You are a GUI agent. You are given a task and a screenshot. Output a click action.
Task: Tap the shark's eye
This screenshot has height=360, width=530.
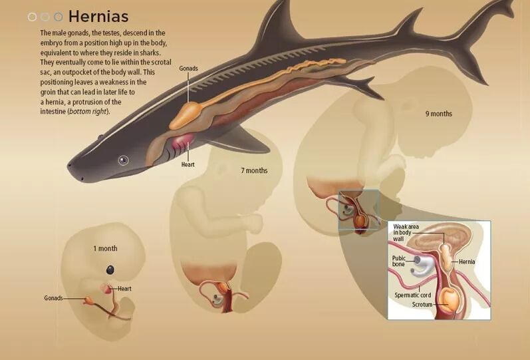pos(123,160)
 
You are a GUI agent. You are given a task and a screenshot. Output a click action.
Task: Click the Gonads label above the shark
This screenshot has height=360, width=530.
pos(188,68)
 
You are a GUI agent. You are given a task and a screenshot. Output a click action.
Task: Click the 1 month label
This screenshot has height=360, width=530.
pos(105,248)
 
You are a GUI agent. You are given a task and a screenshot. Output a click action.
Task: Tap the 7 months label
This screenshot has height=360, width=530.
pos(254,171)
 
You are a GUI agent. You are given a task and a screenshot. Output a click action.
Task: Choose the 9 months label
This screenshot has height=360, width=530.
pos(438,114)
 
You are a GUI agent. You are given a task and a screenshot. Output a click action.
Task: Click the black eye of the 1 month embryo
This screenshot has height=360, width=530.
pos(110,270)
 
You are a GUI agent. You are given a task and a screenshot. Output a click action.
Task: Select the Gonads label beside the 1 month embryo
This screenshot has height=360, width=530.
pos(53,298)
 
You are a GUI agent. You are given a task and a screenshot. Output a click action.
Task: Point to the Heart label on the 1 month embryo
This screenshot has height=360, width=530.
pos(125,289)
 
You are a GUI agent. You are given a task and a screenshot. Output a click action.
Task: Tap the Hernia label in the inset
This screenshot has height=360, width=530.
pos(467,262)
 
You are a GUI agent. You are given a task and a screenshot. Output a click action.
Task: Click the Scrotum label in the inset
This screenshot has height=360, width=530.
pos(422,304)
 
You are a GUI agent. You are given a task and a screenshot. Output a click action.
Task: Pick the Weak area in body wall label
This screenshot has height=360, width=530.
pos(406,232)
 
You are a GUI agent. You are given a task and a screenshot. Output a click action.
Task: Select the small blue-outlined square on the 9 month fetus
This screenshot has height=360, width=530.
pos(358,210)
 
